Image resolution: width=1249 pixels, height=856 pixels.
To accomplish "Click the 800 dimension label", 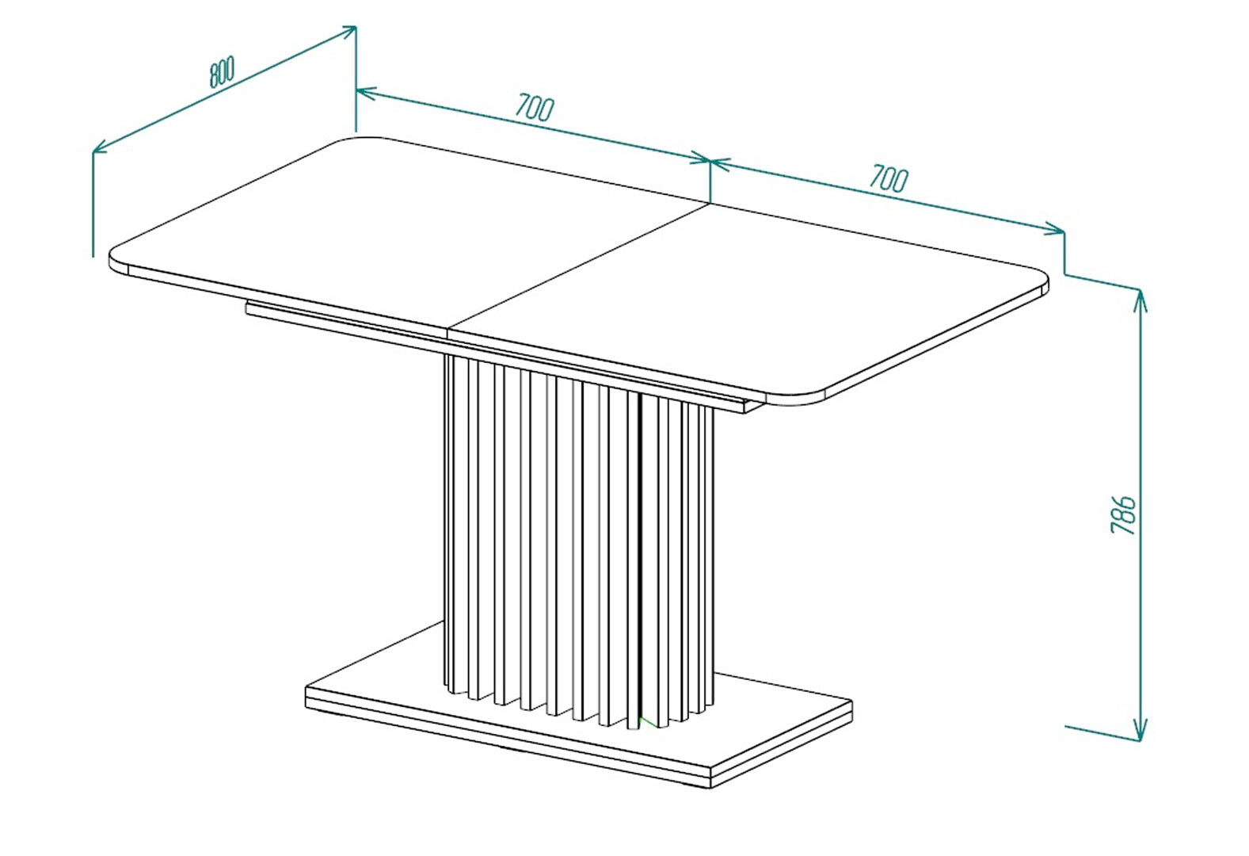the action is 222,72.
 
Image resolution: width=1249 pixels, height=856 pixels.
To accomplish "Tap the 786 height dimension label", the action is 1123,514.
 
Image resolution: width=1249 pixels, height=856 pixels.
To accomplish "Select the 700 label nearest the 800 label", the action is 534,108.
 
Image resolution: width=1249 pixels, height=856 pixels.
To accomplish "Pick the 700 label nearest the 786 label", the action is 889,178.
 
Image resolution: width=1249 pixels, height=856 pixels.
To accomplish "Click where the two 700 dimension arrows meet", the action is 710,161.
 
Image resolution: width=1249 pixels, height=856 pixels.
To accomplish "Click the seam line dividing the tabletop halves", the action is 579,266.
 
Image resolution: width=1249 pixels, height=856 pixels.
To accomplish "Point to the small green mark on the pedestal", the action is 648,722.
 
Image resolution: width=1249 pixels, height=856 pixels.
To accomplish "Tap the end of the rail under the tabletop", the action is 752,407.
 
